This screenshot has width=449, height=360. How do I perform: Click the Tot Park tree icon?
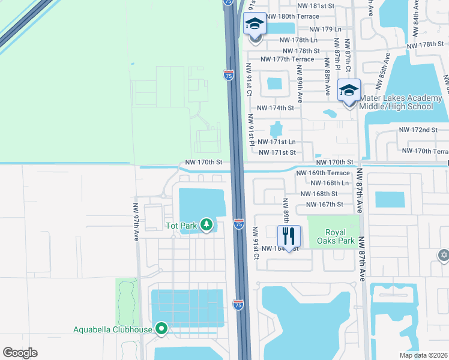(x=207, y=225)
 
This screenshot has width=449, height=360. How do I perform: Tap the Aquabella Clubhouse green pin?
(x=161, y=328)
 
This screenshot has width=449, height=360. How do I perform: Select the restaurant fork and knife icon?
(x=289, y=236)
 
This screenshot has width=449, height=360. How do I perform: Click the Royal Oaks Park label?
(x=340, y=237)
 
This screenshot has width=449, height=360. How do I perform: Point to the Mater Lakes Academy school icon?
(x=349, y=91)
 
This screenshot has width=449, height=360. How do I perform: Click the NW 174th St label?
(x=276, y=108)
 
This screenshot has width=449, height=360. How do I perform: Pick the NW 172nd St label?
(x=418, y=130)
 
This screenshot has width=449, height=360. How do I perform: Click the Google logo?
(x=20, y=352)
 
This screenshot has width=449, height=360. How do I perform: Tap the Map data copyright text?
(x=423, y=355)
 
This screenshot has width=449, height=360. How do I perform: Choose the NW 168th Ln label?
(x=330, y=183)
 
